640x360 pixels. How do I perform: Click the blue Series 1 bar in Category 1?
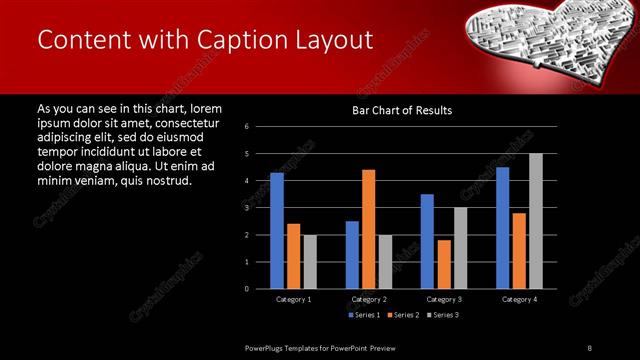pos(277,231)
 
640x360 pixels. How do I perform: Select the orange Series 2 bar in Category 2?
pos(368,229)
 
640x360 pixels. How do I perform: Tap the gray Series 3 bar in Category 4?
pos(536,221)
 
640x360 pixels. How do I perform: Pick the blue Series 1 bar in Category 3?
pos(427,241)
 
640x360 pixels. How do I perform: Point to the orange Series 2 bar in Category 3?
pos(443,264)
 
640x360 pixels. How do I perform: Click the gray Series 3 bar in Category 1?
pos(309,262)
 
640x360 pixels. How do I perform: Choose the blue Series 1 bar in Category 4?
pos(503,228)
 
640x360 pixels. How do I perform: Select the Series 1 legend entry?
pos(363,315)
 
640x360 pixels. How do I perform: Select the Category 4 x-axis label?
pos(519,299)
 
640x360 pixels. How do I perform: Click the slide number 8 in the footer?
pos(589,347)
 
